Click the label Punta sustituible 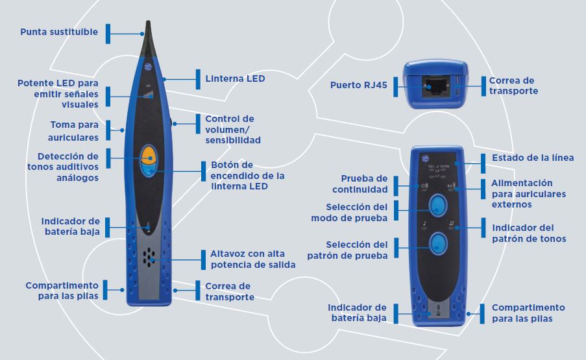(59, 32)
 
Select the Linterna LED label (235, 78)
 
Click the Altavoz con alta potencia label (252, 259)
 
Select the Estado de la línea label (533, 158)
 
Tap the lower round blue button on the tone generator (437, 244)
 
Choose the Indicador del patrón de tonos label (529, 233)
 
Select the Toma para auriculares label (74, 130)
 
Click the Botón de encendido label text (247, 176)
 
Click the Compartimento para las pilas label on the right (528, 313)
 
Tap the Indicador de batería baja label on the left (69, 226)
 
